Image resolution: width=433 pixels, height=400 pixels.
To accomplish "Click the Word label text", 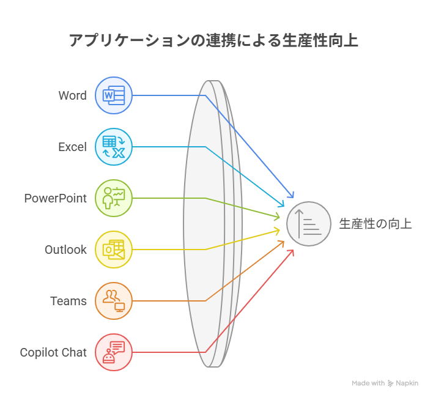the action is pyautogui.click(x=72, y=95).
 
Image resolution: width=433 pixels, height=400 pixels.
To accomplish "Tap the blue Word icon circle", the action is pyautogui.click(x=114, y=95).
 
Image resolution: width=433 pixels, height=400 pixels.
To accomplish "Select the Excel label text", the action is pyautogui.click(x=72, y=147).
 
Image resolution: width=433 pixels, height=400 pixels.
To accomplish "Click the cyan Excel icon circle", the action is pyautogui.click(x=114, y=147).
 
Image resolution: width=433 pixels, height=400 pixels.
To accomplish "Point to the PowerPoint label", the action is pyautogui.click(x=56, y=198).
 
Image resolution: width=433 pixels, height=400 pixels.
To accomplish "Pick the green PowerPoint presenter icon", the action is pyautogui.click(x=114, y=198).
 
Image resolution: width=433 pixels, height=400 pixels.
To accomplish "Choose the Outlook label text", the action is pyautogui.click(x=65, y=250).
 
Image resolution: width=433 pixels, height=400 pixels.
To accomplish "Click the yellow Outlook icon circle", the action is pyautogui.click(x=114, y=250).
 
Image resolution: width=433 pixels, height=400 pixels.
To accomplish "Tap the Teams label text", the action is pyautogui.click(x=68, y=301).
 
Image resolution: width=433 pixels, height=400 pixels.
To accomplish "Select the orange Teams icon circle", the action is pyautogui.click(x=114, y=301).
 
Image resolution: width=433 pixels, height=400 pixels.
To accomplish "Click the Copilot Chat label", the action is pyautogui.click(x=53, y=353).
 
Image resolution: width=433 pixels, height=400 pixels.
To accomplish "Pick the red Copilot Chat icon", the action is pyautogui.click(x=114, y=352).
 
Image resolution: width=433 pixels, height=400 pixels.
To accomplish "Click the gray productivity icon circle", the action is pyautogui.click(x=309, y=224).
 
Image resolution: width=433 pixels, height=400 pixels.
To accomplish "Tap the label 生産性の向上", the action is pyautogui.click(x=376, y=224).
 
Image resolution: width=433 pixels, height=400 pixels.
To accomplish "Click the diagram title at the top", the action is pyautogui.click(x=213, y=40).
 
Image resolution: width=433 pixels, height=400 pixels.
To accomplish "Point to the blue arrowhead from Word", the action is pyautogui.click(x=291, y=194).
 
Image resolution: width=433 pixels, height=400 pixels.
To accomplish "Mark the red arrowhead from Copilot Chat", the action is pyautogui.click(x=291, y=253).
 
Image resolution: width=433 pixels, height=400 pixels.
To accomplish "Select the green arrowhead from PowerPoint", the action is pyautogui.click(x=276, y=217).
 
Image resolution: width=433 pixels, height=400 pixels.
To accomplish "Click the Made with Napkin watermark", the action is pyautogui.click(x=385, y=383).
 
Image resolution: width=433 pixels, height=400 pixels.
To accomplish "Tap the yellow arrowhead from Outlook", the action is pyautogui.click(x=276, y=231).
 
